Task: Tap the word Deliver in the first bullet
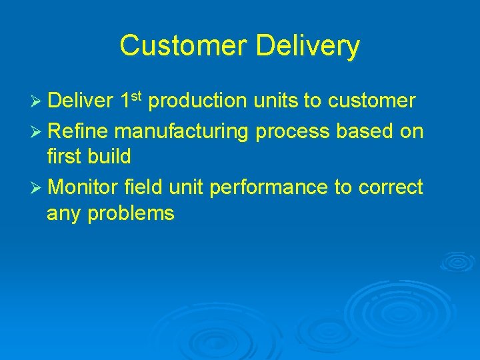[x=80, y=101]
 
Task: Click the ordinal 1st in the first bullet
[x=133, y=101]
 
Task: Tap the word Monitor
[x=83, y=188]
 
